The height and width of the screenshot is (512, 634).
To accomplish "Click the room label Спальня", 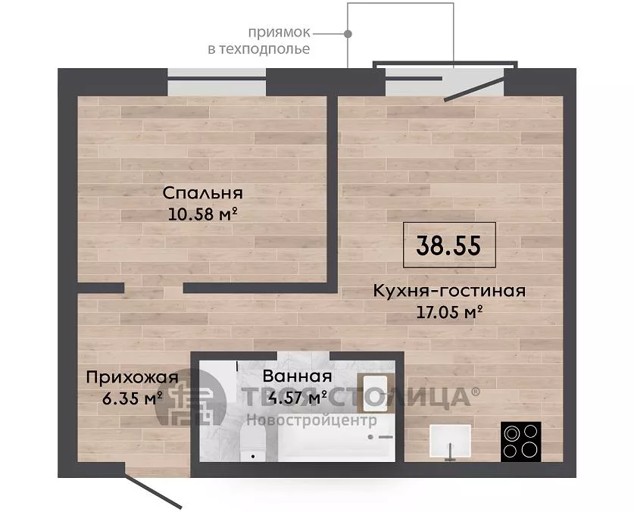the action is coord(202,193).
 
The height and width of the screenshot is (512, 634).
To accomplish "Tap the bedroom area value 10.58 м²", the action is coord(202,214).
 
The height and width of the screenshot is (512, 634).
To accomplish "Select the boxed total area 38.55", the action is coord(449,245).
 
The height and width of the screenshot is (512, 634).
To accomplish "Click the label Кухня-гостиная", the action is coord(449,291).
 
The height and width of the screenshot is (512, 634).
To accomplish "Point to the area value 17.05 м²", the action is coord(450,312).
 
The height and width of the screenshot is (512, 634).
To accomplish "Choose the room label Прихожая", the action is coord(133,378).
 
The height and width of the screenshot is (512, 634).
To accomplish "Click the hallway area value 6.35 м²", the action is coord(133,398).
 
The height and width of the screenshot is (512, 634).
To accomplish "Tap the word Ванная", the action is coord(297,376).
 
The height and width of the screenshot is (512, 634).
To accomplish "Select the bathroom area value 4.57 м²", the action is coord(299,398).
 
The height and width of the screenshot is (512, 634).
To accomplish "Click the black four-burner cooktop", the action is coord(521,442).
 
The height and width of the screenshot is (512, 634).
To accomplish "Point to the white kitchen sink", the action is coord(450,442).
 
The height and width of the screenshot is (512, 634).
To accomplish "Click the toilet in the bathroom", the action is coord(252,444).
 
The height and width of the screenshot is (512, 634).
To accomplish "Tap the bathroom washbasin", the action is coord(375,392).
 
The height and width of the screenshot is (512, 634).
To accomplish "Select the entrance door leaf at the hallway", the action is coord(153,492).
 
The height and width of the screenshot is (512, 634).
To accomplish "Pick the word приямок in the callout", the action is coord(279,33).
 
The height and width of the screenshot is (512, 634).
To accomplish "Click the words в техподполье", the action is coord(259,49).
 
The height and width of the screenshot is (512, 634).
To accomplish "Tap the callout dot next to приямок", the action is coord(348,34).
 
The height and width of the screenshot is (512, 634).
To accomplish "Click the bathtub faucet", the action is coord(381,437).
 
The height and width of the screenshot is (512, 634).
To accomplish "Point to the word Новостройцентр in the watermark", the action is coord(311,420).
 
